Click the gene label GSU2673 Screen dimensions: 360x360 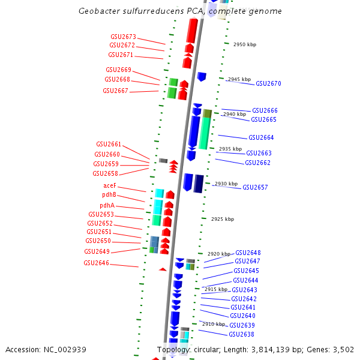123,37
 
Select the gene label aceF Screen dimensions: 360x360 109,186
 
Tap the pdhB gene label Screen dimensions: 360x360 109,195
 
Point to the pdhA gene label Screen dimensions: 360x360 107,205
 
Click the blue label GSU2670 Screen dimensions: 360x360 268,84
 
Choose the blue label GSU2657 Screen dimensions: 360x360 255,188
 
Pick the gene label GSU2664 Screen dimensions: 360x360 261,138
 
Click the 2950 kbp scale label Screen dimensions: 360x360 244,45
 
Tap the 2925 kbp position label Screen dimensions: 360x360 222,220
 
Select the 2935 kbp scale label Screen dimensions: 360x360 230,149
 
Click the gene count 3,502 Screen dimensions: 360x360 344,349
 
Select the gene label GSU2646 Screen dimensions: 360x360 96,263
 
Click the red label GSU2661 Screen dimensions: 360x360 109,145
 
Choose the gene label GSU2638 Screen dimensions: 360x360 241,335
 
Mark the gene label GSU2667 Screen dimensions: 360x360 115,91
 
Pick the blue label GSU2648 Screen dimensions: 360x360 248,253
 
